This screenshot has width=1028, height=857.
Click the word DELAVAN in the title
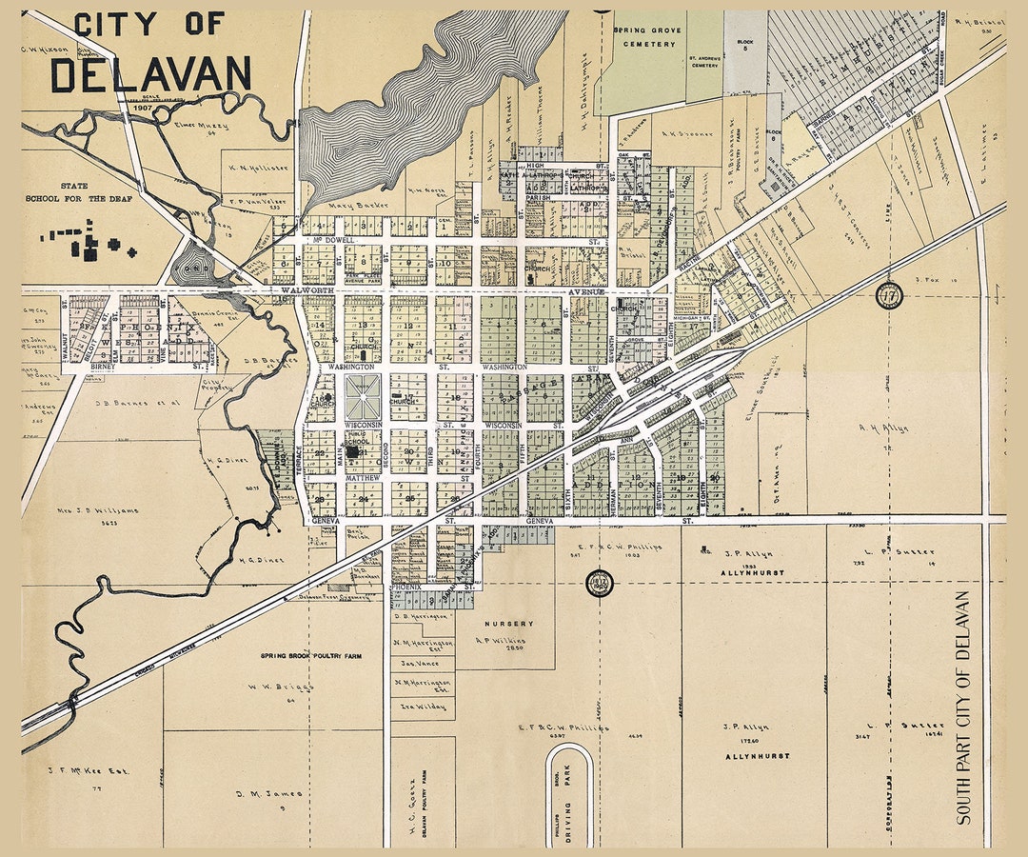pos(150,74)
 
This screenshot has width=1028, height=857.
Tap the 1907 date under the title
pos(144,109)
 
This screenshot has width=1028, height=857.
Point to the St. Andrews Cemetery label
pos(704,61)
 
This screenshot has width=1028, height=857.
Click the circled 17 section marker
pos(889,295)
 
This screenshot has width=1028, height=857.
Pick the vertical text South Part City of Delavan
pos(962,708)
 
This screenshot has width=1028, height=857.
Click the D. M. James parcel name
pos(269,793)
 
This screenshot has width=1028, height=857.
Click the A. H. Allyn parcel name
pos(882,428)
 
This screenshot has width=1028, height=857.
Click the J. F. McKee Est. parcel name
pos(89,771)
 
